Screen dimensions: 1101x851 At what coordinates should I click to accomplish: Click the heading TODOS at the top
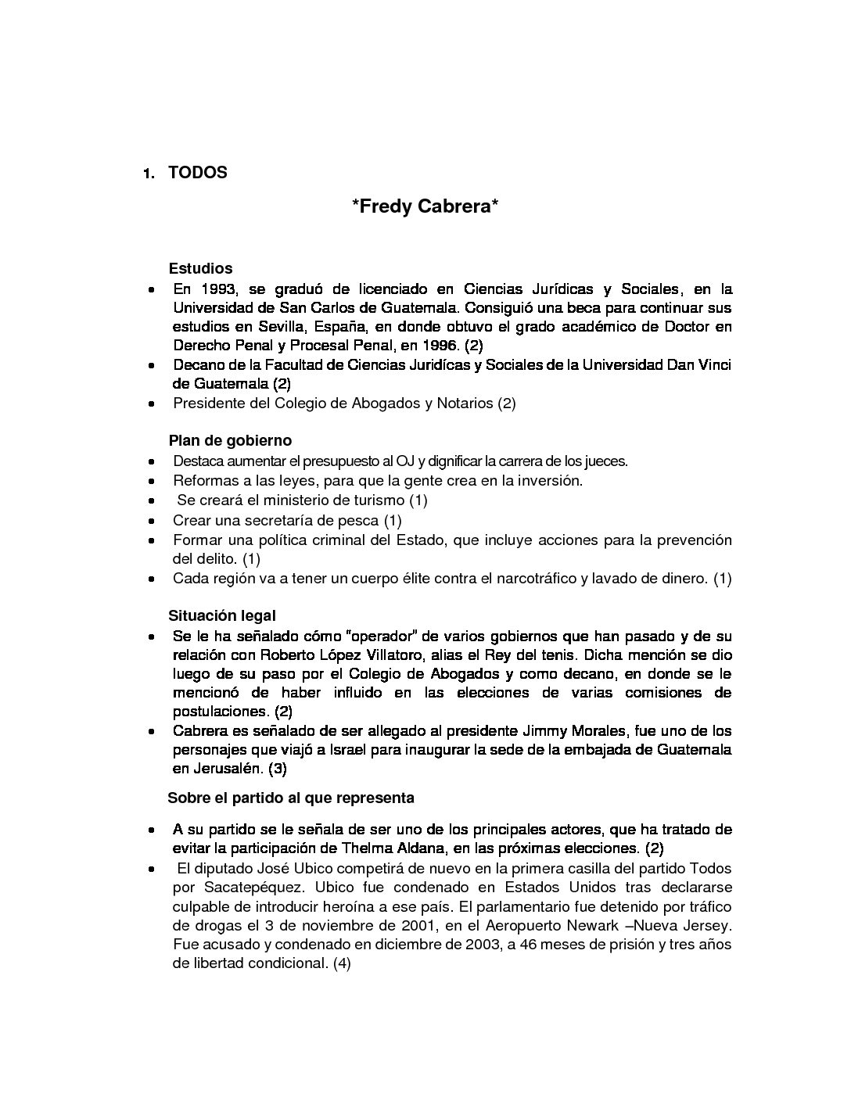[x=197, y=173]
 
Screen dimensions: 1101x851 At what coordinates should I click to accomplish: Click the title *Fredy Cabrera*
[x=425, y=207]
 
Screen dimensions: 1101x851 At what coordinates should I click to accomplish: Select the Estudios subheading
[x=200, y=268]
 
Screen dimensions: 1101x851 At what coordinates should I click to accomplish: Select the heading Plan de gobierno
[x=230, y=441]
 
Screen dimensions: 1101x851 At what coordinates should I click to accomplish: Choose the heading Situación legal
[x=222, y=616]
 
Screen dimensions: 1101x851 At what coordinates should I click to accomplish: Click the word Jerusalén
[x=228, y=769]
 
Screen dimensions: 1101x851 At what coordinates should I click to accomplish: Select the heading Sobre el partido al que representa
[x=291, y=798]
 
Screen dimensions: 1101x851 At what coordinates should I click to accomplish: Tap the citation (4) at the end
[x=342, y=964]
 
